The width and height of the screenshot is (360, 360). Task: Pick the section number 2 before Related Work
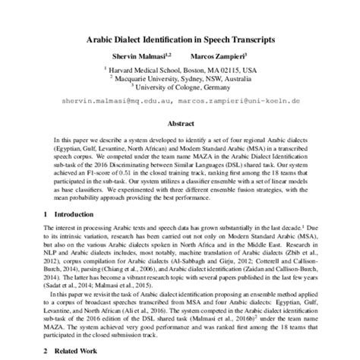point(45,350)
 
